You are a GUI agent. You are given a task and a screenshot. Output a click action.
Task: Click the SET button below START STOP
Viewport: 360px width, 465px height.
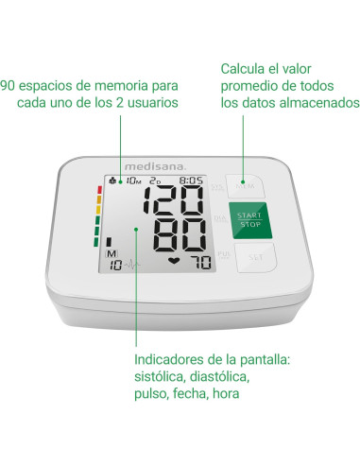point(253,255)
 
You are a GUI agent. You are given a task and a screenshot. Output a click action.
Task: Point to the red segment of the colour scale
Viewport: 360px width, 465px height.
point(96,188)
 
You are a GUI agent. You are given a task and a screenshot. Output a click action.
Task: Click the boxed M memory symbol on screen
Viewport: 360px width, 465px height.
point(111,254)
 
